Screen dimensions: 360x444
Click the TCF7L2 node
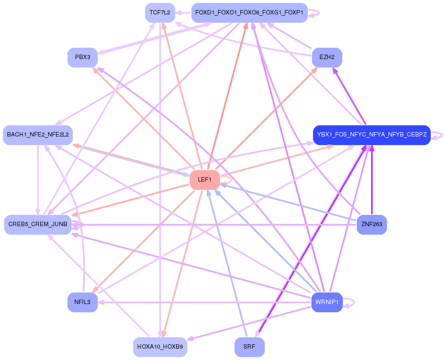tap(160, 13)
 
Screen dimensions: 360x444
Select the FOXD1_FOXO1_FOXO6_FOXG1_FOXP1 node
tap(249, 13)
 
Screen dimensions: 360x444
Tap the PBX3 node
tap(83, 57)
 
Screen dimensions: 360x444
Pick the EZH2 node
tap(327, 57)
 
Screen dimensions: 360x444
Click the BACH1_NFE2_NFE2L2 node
tap(38, 135)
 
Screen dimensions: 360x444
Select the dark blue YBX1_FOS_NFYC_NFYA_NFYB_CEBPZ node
tap(372, 135)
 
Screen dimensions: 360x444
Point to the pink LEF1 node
tap(205, 180)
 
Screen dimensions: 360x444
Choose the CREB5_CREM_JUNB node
tap(38, 224)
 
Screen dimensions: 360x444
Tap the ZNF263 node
tap(371, 224)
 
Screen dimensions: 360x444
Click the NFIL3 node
tap(82, 302)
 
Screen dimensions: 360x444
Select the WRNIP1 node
tap(327, 302)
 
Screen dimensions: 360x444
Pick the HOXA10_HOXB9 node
tap(160, 347)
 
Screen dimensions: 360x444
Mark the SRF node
tap(249, 347)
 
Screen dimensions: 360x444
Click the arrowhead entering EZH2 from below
tap(335, 70)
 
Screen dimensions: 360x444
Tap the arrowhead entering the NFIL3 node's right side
tap(101, 302)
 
